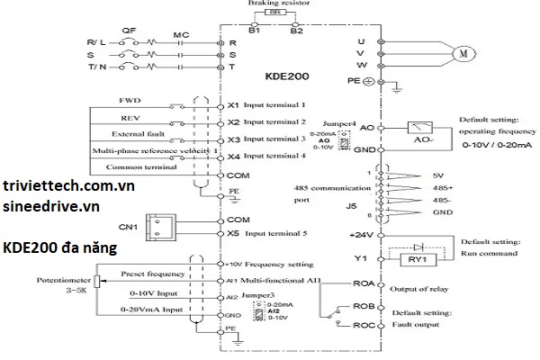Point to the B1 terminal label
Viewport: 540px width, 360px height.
(255, 30)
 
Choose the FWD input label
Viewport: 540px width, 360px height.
(130, 100)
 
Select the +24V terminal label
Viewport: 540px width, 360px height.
(360, 233)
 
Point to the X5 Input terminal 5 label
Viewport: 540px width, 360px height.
(270, 234)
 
